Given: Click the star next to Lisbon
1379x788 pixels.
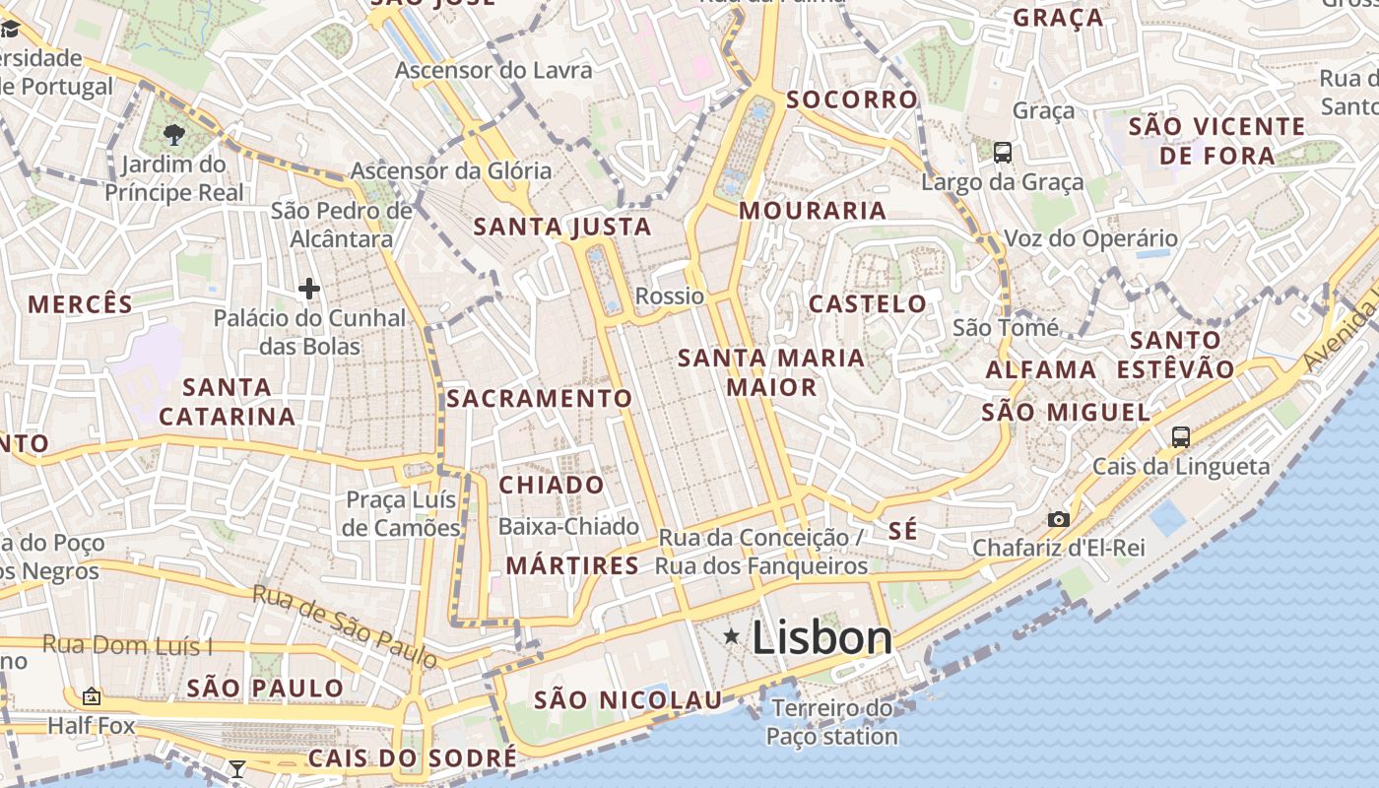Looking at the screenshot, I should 731,637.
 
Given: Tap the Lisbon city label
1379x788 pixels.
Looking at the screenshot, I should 821,638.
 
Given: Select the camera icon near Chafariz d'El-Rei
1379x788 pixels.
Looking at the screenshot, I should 1059,519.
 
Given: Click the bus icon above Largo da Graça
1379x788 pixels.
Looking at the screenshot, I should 1003,153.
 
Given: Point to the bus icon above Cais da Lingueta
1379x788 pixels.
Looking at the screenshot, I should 1180,436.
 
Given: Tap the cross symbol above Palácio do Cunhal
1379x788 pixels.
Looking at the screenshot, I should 309,289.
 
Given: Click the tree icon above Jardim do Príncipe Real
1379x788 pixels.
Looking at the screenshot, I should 175,135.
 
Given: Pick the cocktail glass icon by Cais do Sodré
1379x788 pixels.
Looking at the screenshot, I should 236,768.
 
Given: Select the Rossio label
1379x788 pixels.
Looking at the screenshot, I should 670,296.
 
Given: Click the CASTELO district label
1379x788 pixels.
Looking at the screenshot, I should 868,304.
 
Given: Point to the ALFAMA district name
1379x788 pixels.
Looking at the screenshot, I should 1041,370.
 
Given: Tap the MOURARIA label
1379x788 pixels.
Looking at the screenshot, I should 813,211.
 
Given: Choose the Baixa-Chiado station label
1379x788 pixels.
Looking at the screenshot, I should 568,527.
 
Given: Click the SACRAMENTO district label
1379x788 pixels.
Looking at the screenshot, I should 539,399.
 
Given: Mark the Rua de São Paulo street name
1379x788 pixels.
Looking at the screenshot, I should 344,624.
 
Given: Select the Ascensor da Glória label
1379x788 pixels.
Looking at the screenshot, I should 451,171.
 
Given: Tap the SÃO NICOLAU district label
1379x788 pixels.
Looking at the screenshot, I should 628,701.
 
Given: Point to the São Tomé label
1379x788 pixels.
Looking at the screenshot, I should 1006,327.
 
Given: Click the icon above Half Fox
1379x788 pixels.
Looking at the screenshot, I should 92,696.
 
